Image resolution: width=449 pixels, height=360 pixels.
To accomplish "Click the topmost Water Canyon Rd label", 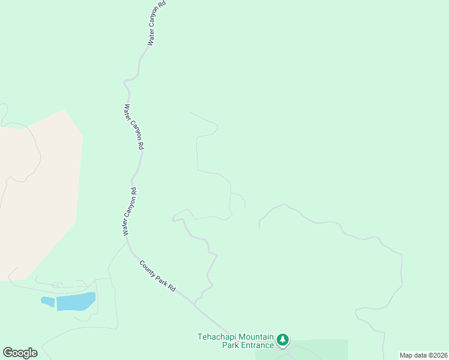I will [156, 23].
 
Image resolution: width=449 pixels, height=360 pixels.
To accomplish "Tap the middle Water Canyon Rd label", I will [134, 127].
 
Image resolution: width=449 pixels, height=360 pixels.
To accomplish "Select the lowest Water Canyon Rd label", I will [130, 211].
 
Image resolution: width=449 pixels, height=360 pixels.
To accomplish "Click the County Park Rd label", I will [157, 275].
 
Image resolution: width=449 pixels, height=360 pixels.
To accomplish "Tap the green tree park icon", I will [283, 341].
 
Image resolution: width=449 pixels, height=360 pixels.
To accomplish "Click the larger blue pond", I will [76, 301].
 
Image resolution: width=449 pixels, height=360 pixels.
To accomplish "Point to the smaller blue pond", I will [47, 301].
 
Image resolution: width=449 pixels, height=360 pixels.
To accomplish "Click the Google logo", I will [20, 353].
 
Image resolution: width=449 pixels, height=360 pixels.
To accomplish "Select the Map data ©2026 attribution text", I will [423, 355].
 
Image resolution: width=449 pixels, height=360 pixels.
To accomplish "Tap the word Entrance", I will [258, 345].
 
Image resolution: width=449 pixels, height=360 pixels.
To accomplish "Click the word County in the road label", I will [148, 268].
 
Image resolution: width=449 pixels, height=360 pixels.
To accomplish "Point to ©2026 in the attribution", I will [436, 355].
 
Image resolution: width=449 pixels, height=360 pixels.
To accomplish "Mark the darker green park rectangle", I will [318, 349].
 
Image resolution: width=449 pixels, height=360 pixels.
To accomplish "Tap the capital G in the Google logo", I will [7, 353].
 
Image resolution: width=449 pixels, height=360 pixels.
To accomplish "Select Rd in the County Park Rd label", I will [172, 288].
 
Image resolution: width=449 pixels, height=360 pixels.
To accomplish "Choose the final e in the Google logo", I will [34, 353].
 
